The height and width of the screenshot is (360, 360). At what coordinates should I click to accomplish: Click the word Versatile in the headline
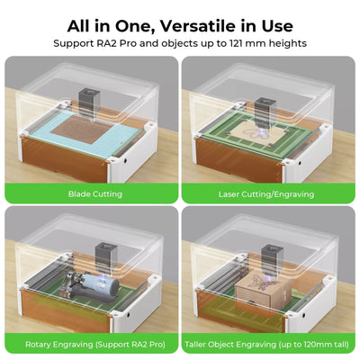tap(198, 26)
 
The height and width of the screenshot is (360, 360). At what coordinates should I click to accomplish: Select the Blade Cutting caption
tap(95, 194)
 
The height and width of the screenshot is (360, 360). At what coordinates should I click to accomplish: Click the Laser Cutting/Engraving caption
tap(266, 194)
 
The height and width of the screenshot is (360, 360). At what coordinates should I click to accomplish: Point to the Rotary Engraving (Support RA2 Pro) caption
tap(95, 344)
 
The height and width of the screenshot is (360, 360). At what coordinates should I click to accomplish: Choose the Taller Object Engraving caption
tap(266, 344)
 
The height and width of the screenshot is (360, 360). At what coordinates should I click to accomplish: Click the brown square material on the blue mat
tap(82, 130)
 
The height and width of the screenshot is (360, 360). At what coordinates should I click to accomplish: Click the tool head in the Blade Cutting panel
tap(87, 104)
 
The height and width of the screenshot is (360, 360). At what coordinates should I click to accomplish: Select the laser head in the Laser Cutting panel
tap(264, 112)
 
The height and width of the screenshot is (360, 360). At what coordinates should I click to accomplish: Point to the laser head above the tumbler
tap(105, 259)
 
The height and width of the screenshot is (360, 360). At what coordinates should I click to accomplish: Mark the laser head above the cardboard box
tap(272, 260)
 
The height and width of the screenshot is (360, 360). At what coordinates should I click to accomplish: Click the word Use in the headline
tap(276, 26)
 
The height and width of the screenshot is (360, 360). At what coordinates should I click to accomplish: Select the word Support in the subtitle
tap(74, 43)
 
